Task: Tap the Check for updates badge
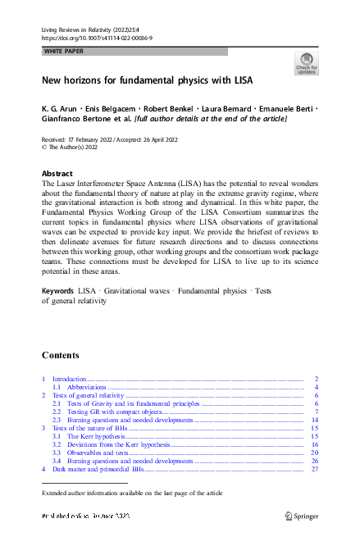click(307, 64)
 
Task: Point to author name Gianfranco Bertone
click(80, 119)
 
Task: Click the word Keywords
click(57, 291)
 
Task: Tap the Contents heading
click(61, 355)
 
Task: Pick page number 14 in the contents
click(314, 420)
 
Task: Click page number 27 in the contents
click(314, 470)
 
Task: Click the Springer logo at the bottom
click(300, 516)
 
